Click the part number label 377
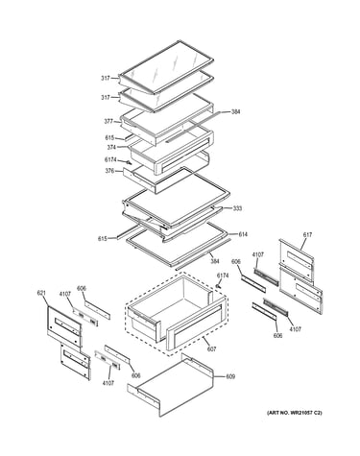tap(108, 121)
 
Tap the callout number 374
tap(111, 147)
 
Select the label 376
tap(109, 171)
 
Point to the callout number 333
tap(237, 208)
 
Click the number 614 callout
tap(243, 234)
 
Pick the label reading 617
tap(307, 235)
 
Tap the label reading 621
tap(41, 293)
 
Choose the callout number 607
tap(211, 348)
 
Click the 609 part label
tap(230, 376)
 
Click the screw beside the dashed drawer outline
tap(219, 285)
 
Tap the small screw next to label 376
tap(130, 162)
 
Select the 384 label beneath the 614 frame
tap(215, 261)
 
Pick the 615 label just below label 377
tap(109, 138)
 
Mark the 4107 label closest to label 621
tap(65, 294)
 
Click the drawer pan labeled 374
tap(171, 152)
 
